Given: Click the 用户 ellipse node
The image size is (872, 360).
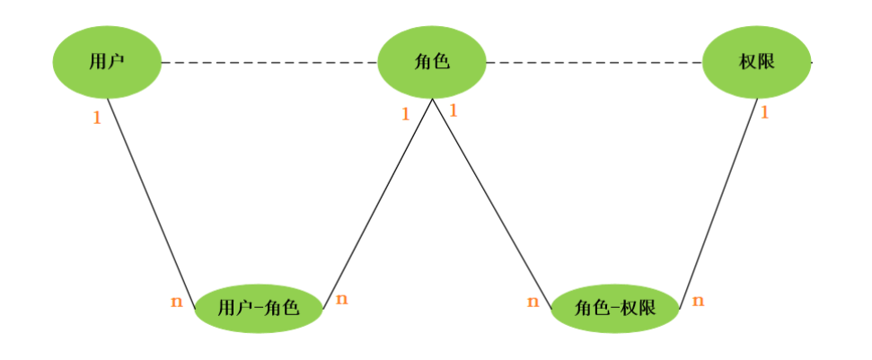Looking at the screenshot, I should click(x=107, y=62).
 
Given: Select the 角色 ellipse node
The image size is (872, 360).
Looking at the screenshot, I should click(x=432, y=62).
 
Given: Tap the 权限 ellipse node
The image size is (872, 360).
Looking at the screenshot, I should click(x=756, y=62).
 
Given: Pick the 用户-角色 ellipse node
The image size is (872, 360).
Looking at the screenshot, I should click(x=259, y=308).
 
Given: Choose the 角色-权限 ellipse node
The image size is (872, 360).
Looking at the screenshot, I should click(x=615, y=308).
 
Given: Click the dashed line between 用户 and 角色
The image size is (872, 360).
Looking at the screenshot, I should click(x=269, y=63).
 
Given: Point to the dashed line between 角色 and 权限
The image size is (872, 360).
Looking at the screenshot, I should click(x=593, y=63).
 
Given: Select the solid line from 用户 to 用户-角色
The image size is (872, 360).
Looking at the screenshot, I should click(x=151, y=198).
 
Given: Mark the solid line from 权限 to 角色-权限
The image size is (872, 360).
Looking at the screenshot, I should click(x=718, y=202).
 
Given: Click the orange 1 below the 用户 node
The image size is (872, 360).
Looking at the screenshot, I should click(x=97, y=118).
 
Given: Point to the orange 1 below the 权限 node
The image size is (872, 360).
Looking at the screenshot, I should click(x=765, y=113).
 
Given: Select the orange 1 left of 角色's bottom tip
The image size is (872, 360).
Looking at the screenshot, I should click(x=405, y=114).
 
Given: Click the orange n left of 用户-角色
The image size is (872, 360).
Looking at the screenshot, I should click(x=176, y=302).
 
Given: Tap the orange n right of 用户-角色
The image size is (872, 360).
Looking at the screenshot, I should click(x=341, y=299).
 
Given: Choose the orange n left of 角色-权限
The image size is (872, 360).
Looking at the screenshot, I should click(x=533, y=302).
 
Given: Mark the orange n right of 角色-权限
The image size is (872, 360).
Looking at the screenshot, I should click(x=698, y=301).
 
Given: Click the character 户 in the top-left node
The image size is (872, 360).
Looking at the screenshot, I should click(x=116, y=62).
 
